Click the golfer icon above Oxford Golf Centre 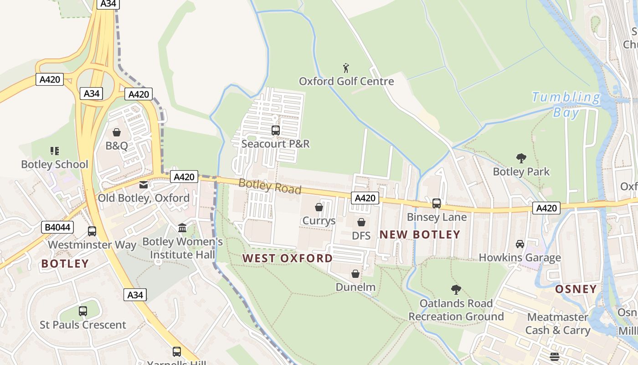[x=346, y=68]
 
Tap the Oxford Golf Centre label [x=346, y=82]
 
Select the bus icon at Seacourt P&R [x=275, y=130]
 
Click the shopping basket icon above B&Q [x=117, y=133]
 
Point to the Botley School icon [x=55, y=151]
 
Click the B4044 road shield [x=57, y=227]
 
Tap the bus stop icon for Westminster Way [x=92, y=231]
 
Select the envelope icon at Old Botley [x=144, y=185]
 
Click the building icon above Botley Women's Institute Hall [x=182, y=228]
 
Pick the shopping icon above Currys [x=319, y=208]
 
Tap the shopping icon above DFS [x=361, y=222]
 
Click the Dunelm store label [x=355, y=287]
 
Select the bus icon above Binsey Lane [x=437, y=203]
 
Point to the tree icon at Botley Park [x=521, y=158]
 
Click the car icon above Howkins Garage [x=520, y=244]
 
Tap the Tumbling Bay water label [x=566, y=104]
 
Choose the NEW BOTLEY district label [x=420, y=235]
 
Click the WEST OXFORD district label [x=288, y=258]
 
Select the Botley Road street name [x=270, y=186]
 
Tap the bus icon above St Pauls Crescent [x=83, y=311]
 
